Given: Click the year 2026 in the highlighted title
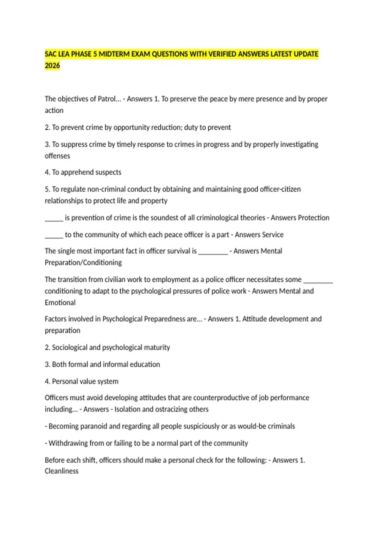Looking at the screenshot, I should [52, 66].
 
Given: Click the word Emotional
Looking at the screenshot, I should [60, 303].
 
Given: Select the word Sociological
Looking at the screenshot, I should [69, 347].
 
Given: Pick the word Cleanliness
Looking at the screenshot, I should [61, 471].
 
